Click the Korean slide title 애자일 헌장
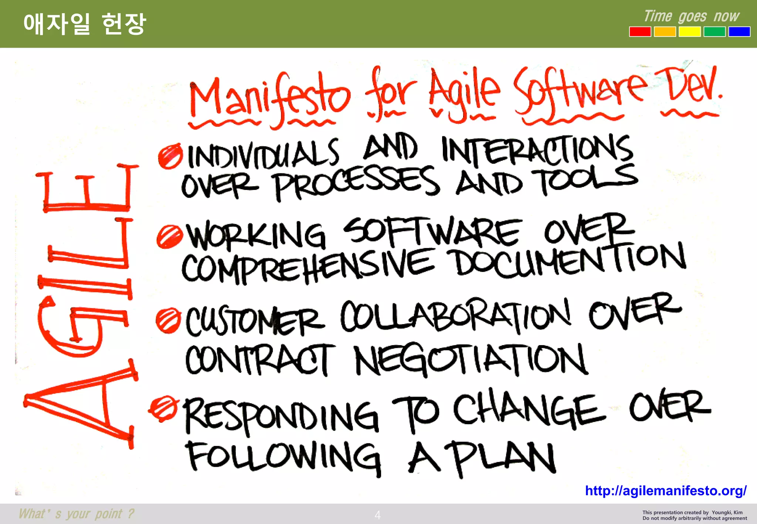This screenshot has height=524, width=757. point(85,24)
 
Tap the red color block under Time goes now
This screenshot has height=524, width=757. point(640,32)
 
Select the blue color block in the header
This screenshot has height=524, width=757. point(739,32)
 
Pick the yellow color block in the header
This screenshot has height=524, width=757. point(689,32)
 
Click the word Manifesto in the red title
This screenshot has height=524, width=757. point(269,97)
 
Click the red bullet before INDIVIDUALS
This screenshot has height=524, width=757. point(170,157)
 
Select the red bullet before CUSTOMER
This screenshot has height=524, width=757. point(168,320)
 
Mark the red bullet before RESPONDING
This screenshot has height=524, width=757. point(163,408)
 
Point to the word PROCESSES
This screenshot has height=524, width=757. point(356,182)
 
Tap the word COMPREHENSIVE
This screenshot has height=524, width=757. point(308,265)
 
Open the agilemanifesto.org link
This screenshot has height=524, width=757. point(665,491)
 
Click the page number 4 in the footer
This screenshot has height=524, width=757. point(377,515)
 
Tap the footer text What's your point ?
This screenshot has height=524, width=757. point(77,514)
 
